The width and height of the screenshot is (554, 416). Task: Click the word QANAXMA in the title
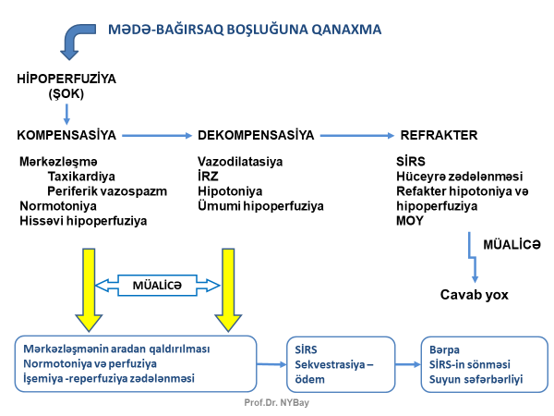(x=346, y=29)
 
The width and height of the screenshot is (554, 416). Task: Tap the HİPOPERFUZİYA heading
(x=67, y=80)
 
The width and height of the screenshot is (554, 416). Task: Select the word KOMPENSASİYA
(x=66, y=135)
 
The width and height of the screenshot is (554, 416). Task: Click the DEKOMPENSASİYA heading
(x=256, y=135)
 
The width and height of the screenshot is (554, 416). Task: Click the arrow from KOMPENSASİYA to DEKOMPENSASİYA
(x=156, y=136)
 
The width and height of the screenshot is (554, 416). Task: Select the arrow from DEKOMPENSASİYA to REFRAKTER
(x=355, y=136)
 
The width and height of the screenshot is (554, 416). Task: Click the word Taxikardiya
(x=82, y=176)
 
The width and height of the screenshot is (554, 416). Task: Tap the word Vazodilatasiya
(x=239, y=161)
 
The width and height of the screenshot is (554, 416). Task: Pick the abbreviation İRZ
(x=211, y=176)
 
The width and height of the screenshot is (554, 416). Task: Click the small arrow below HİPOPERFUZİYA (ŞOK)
(x=66, y=114)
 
